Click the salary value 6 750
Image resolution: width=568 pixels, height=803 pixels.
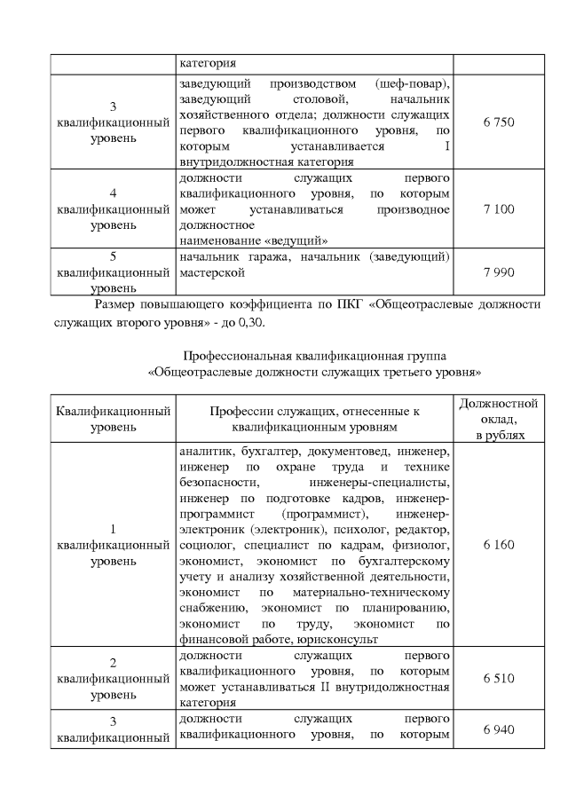(499, 122)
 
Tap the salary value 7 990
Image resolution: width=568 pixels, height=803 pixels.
(499, 272)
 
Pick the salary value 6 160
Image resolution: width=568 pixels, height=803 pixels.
(499, 544)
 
